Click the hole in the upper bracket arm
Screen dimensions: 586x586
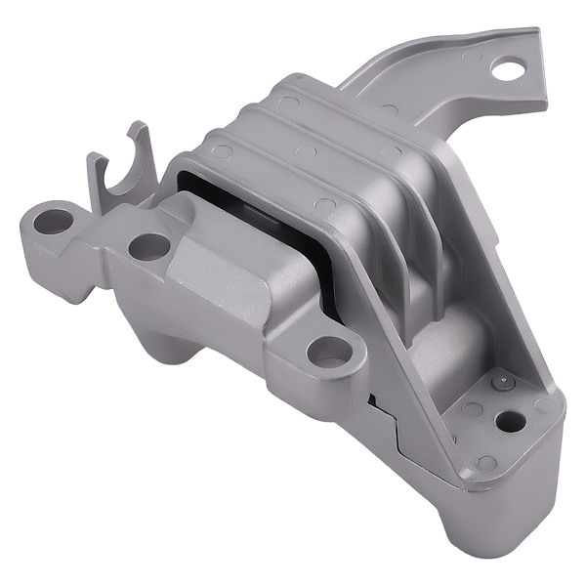tap(507, 68)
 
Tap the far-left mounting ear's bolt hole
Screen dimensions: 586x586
tap(53, 222)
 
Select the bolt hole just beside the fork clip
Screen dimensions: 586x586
tap(148, 246)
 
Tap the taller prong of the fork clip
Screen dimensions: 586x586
tap(139, 146)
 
